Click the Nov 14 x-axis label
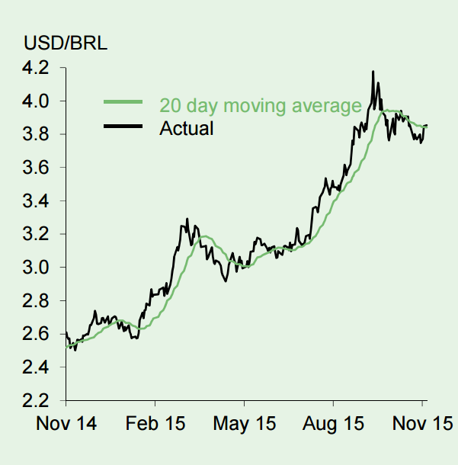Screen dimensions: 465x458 (66, 424)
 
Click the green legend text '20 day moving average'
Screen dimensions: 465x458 (260, 105)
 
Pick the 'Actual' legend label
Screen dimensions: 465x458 (186, 127)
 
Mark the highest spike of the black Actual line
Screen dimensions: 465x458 (373, 72)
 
